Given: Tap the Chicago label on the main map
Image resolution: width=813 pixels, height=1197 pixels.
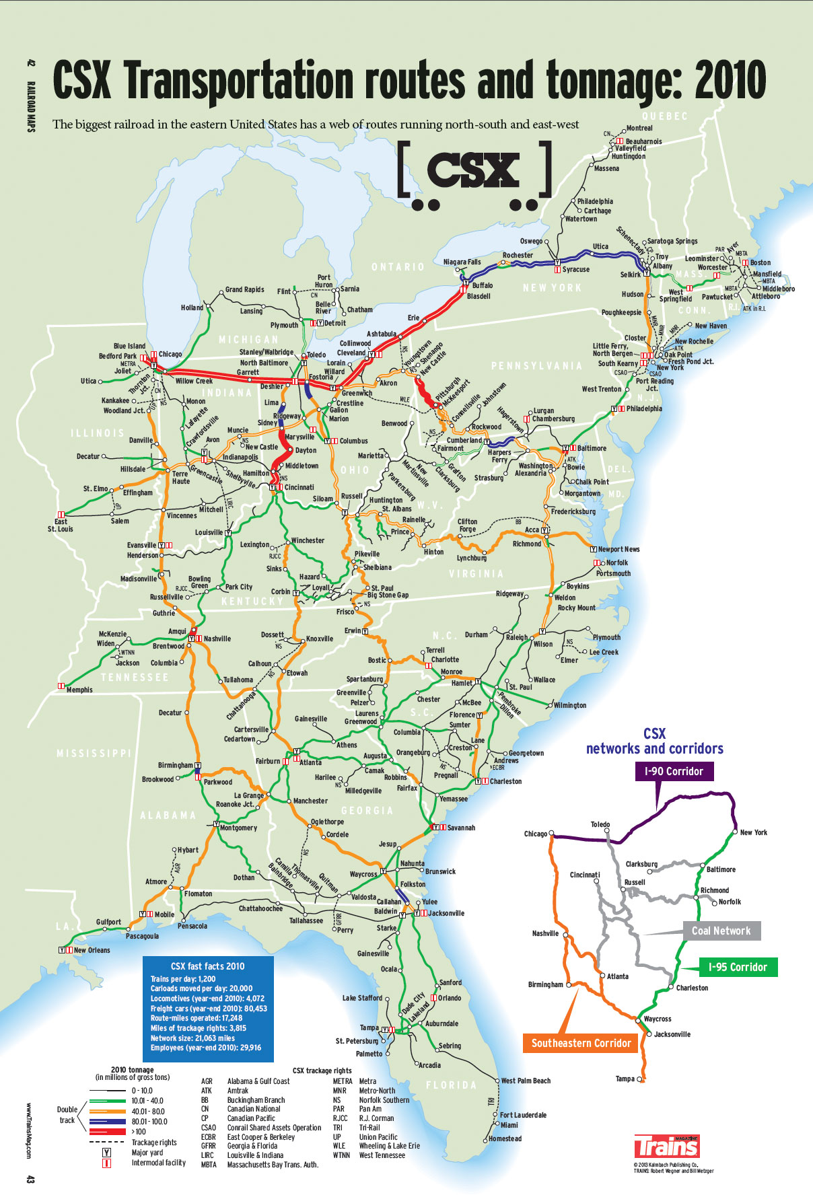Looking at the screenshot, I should [x=170, y=354].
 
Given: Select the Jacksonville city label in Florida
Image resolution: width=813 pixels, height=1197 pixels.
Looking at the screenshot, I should [x=446, y=913].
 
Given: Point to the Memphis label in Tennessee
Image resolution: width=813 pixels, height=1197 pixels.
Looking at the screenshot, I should [x=79, y=690].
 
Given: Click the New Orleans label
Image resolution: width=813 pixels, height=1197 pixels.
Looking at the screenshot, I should [x=92, y=950].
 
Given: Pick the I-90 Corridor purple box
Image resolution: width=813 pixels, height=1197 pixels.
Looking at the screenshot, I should [x=674, y=771].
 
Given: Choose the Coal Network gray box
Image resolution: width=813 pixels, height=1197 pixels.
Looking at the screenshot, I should [x=721, y=931].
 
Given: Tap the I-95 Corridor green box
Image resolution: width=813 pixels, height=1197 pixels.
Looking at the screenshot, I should [x=738, y=967].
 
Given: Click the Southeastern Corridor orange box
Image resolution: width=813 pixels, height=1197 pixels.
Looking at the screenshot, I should [x=581, y=1043].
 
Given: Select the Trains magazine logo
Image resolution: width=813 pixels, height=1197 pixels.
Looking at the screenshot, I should [x=666, y=1146].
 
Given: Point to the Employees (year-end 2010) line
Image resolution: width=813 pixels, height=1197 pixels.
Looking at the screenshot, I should [x=205, y=1047].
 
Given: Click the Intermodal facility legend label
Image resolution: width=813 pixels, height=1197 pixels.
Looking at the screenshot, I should [x=159, y=1162].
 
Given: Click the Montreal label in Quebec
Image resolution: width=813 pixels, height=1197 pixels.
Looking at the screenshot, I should [x=639, y=128].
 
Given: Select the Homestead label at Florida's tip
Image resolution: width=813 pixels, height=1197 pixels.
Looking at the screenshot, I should [x=505, y=1138].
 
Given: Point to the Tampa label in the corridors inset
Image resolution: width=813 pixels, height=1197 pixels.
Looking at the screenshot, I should [x=625, y=1079].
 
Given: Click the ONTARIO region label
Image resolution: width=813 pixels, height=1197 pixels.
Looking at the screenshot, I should [x=398, y=267].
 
